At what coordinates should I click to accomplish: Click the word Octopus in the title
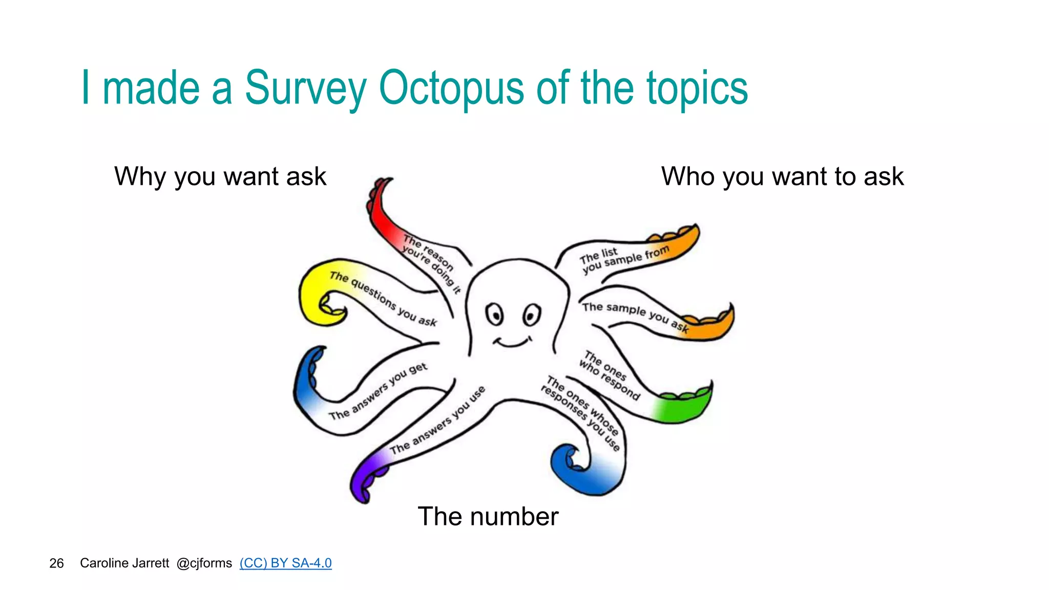pos(451,88)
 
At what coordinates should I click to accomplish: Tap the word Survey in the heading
pos(306,88)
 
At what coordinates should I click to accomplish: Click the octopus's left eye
pos(495,314)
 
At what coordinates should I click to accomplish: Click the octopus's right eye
pos(532,314)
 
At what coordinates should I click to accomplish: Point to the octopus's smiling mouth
pos(512,342)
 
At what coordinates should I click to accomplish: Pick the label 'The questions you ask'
pos(383,299)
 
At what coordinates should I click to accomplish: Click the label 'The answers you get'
pos(378,391)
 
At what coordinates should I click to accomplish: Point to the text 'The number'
pos(488,516)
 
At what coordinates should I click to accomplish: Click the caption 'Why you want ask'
pos(220,177)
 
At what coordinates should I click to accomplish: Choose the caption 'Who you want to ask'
pos(782,177)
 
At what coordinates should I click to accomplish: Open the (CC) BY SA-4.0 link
pos(285,563)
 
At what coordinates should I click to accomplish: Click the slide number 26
pos(56,563)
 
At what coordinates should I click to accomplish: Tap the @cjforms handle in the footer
pos(204,563)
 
